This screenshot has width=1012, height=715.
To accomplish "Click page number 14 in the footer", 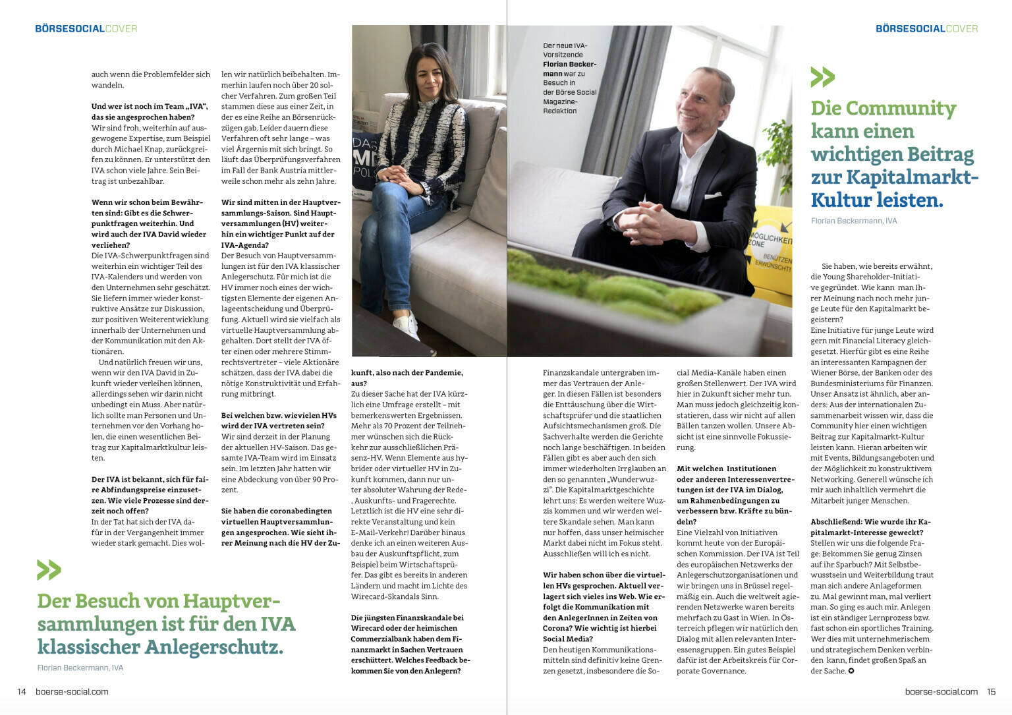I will [x=22, y=691].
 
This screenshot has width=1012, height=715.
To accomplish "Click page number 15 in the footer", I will [x=991, y=691].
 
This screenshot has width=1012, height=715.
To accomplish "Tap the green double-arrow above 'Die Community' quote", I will [x=822, y=77].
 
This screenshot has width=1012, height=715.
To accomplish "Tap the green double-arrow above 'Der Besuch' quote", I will [x=49, y=569].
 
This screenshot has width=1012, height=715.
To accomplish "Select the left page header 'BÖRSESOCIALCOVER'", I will [x=86, y=28].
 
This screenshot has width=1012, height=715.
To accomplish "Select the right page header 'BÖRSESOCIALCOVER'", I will [x=926, y=28].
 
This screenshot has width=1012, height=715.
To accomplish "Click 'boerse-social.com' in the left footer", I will [x=72, y=691].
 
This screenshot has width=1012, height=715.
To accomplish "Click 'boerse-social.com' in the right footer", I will [x=941, y=691].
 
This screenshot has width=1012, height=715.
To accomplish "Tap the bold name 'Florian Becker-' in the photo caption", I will [x=569, y=65].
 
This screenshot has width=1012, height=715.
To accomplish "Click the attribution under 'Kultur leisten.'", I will [x=854, y=221].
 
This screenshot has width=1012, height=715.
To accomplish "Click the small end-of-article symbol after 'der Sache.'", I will [x=851, y=671].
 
